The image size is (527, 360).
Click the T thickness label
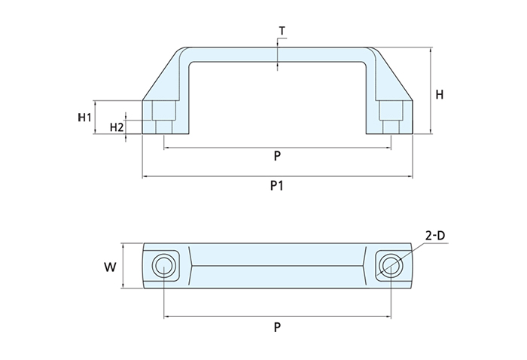pyautogui.click(x=282, y=31)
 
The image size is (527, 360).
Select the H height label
pyautogui.click(x=440, y=95)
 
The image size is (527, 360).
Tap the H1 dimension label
pyautogui.click(x=84, y=117)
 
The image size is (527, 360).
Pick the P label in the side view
pyautogui.click(x=277, y=157)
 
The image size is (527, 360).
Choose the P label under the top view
pyautogui.click(x=277, y=328)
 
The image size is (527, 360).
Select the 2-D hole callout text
pyautogui.click(x=435, y=236)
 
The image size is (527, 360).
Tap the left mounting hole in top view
pyautogui.click(x=163, y=265)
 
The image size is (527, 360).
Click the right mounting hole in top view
pyautogui.click(x=390, y=265)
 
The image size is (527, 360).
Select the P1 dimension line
pyautogui.click(x=226, y=177)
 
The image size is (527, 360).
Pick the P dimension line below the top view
pyautogui.click(x=226, y=316)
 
